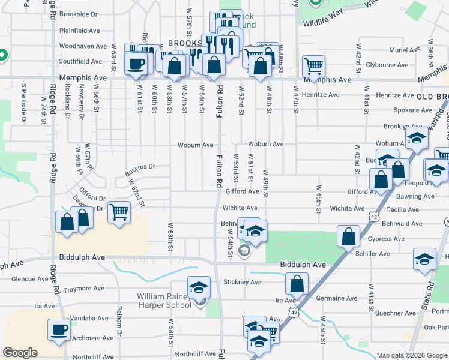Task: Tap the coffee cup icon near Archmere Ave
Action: (x=59, y=329)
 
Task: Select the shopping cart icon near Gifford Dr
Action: (x=119, y=211)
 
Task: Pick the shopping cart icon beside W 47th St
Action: (x=313, y=65)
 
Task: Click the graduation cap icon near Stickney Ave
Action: (x=199, y=287)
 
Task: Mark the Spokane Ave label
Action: (x=412, y=110)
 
